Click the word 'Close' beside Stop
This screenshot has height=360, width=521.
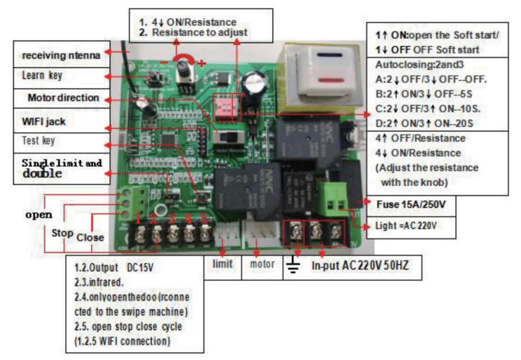click(x=90, y=237)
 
